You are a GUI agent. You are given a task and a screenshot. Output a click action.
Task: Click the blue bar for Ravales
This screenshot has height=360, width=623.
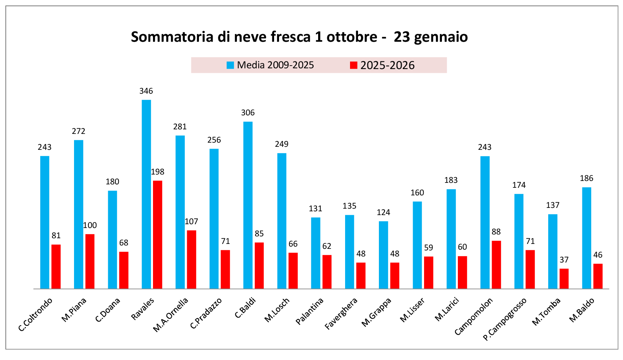coord(146,194)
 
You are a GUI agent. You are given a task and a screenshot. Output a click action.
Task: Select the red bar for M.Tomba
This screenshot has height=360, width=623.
coord(564,278)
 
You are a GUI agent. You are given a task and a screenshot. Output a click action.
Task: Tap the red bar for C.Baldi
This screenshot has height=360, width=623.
coord(259,266)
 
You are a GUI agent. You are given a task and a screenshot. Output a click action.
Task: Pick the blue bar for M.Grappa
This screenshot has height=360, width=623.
coord(383,255)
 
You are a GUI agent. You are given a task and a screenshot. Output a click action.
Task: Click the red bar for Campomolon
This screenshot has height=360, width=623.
coord(496,264)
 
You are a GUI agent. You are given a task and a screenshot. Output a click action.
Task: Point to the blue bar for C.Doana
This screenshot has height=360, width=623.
coord(112,239)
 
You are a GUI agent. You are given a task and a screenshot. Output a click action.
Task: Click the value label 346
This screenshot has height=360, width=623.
coord(146,91)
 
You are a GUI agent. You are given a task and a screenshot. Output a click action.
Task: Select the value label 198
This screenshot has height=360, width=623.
coord(158,172)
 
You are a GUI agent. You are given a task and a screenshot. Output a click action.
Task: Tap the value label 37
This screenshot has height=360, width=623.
coord(564,260)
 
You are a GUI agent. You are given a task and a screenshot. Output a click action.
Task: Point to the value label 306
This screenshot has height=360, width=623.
coord(248,113)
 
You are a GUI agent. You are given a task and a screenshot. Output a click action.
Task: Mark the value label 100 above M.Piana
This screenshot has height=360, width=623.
coord(90,225)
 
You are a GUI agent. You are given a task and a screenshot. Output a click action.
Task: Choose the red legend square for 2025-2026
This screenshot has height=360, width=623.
coord(353,65)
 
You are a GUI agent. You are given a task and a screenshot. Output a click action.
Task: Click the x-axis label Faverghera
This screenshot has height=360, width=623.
coord(341,313)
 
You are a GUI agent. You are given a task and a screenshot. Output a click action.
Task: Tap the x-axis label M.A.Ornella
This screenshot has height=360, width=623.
coord(170,314)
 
